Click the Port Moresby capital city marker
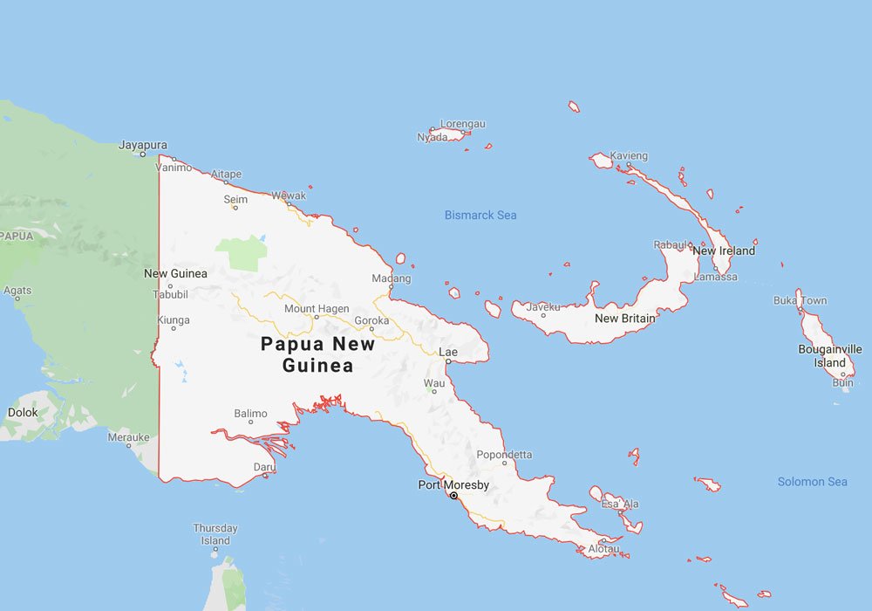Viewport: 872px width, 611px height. click(x=453, y=496)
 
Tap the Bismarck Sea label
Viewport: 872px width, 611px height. click(x=480, y=215)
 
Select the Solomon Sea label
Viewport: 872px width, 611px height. click(x=812, y=482)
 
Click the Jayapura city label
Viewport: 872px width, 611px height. click(x=143, y=145)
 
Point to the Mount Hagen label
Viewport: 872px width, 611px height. click(x=317, y=309)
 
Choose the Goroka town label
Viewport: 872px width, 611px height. click(x=371, y=320)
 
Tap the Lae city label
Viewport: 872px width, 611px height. click(x=448, y=352)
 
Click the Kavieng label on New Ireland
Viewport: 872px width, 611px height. click(x=629, y=155)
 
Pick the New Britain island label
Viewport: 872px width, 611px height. click(x=624, y=319)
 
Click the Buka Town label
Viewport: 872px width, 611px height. click(x=800, y=300)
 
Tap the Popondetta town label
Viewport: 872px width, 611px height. click(x=504, y=455)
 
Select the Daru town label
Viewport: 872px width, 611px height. click(x=264, y=467)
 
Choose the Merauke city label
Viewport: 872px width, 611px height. click(x=128, y=436)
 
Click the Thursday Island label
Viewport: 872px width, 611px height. click(x=215, y=534)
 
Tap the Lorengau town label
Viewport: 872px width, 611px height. click(x=462, y=124)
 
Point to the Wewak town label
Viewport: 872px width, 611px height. click(x=289, y=196)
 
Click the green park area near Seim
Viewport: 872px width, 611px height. click(x=242, y=252)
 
